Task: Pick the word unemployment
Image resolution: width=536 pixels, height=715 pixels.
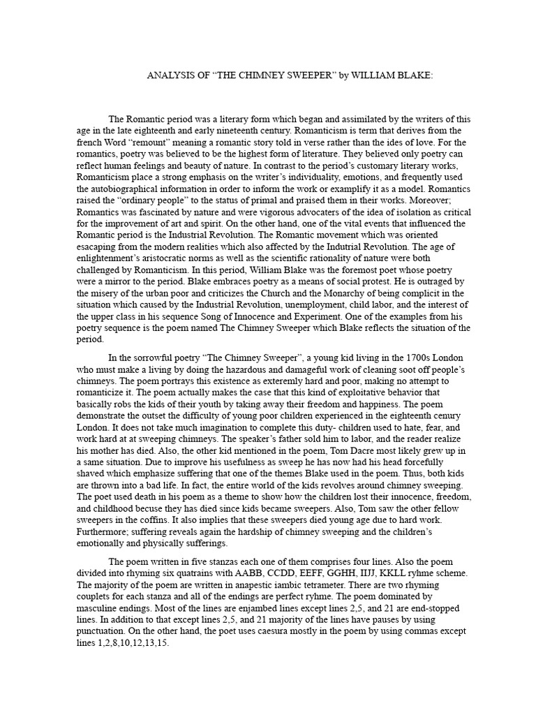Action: coord(304,305)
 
